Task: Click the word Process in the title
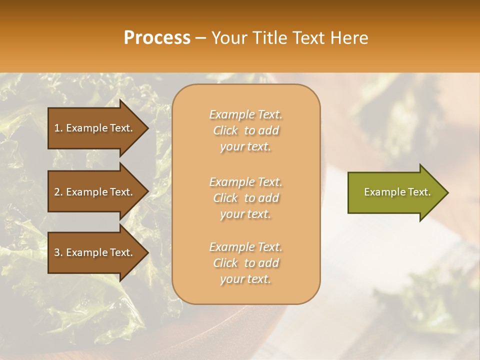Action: [x=157, y=38]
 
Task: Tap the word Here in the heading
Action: [x=347, y=38]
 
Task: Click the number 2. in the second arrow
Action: [x=58, y=192]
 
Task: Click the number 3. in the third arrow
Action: [x=58, y=252]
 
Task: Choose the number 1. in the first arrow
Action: [x=58, y=128]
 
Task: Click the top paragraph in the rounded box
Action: [x=245, y=130]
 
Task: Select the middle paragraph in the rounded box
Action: [x=245, y=198]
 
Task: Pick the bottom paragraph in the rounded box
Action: [x=245, y=263]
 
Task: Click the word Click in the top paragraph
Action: [x=225, y=130]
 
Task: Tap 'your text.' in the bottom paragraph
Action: [x=245, y=279]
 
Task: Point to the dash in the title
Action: [x=200, y=38]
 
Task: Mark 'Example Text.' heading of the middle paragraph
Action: [x=245, y=182]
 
